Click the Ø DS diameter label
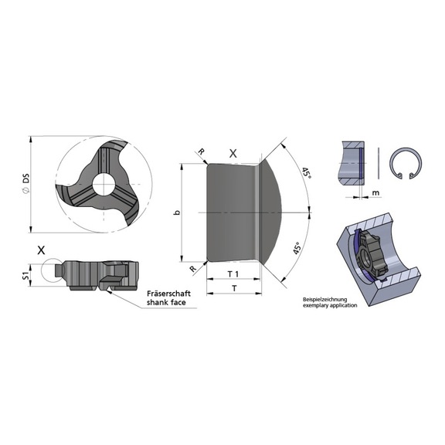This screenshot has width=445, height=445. tap(25, 184)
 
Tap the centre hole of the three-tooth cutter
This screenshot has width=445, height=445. tap(104, 184)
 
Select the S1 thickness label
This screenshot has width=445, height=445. tap(25, 276)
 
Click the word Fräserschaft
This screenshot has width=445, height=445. tap(168, 293)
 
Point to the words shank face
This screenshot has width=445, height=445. tap(166, 302)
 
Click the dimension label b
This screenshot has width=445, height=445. tap(177, 212)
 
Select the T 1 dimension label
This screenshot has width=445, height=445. tap(233, 273)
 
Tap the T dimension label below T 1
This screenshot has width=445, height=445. tap(234, 288)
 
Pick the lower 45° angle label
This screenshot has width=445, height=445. tap(297, 248)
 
